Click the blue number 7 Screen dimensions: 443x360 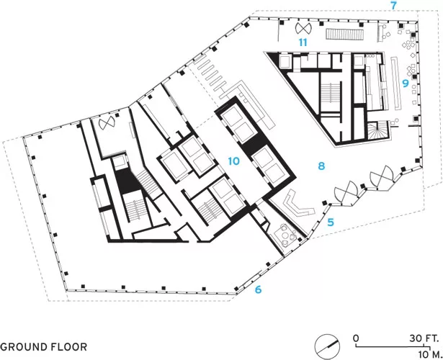(394, 5)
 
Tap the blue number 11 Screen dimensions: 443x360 (303, 42)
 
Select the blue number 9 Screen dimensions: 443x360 (406, 84)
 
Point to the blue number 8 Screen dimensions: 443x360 (321, 166)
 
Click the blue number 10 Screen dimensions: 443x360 (233, 161)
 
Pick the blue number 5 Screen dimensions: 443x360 (331, 222)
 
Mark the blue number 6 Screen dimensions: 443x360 (258, 289)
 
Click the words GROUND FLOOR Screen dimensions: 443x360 (43, 347)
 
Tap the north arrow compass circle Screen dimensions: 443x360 (327, 347)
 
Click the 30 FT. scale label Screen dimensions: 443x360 (424, 338)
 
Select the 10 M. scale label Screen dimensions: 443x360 (430, 354)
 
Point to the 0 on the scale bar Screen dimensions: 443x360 (356, 338)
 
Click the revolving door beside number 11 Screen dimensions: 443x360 (303, 27)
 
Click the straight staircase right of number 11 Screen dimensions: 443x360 (344, 34)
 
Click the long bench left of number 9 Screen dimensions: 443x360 (395, 83)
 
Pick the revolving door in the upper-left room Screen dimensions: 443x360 (106, 123)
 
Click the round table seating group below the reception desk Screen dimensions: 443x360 (287, 235)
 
